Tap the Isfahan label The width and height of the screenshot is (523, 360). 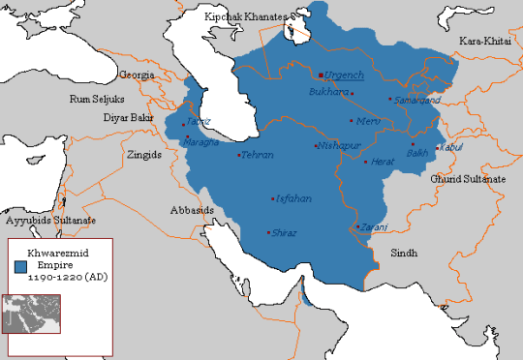click(294, 198)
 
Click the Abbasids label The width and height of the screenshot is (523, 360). click(194, 209)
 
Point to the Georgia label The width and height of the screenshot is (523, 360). click(137, 74)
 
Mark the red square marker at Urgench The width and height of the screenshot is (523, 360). click(321, 75)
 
